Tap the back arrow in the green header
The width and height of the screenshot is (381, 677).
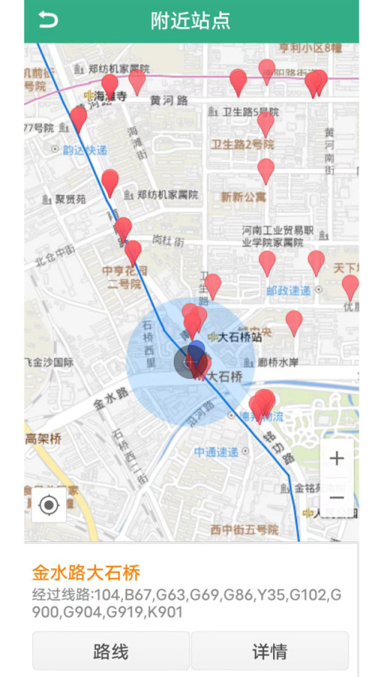tap(48, 21)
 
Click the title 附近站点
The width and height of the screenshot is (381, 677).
tap(190, 21)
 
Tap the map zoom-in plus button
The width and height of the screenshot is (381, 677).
tap(337, 458)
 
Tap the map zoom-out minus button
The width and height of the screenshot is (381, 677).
tap(337, 498)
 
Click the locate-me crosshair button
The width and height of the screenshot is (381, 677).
tap(49, 505)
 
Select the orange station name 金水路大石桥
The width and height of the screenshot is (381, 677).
tap(86, 572)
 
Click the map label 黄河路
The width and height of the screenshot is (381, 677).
tap(169, 101)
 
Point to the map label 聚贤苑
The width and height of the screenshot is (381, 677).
tap(70, 200)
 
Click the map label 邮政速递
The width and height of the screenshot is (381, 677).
tap(289, 291)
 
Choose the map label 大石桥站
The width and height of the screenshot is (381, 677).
tap(240, 337)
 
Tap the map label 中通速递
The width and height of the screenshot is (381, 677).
tap(216, 452)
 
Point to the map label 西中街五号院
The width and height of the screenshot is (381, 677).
tap(244, 529)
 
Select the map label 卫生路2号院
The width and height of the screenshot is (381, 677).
tap(242, 144)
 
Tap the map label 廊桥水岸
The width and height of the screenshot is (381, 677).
tap(278, 362)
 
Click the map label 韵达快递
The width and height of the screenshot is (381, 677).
tap(85, 149)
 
